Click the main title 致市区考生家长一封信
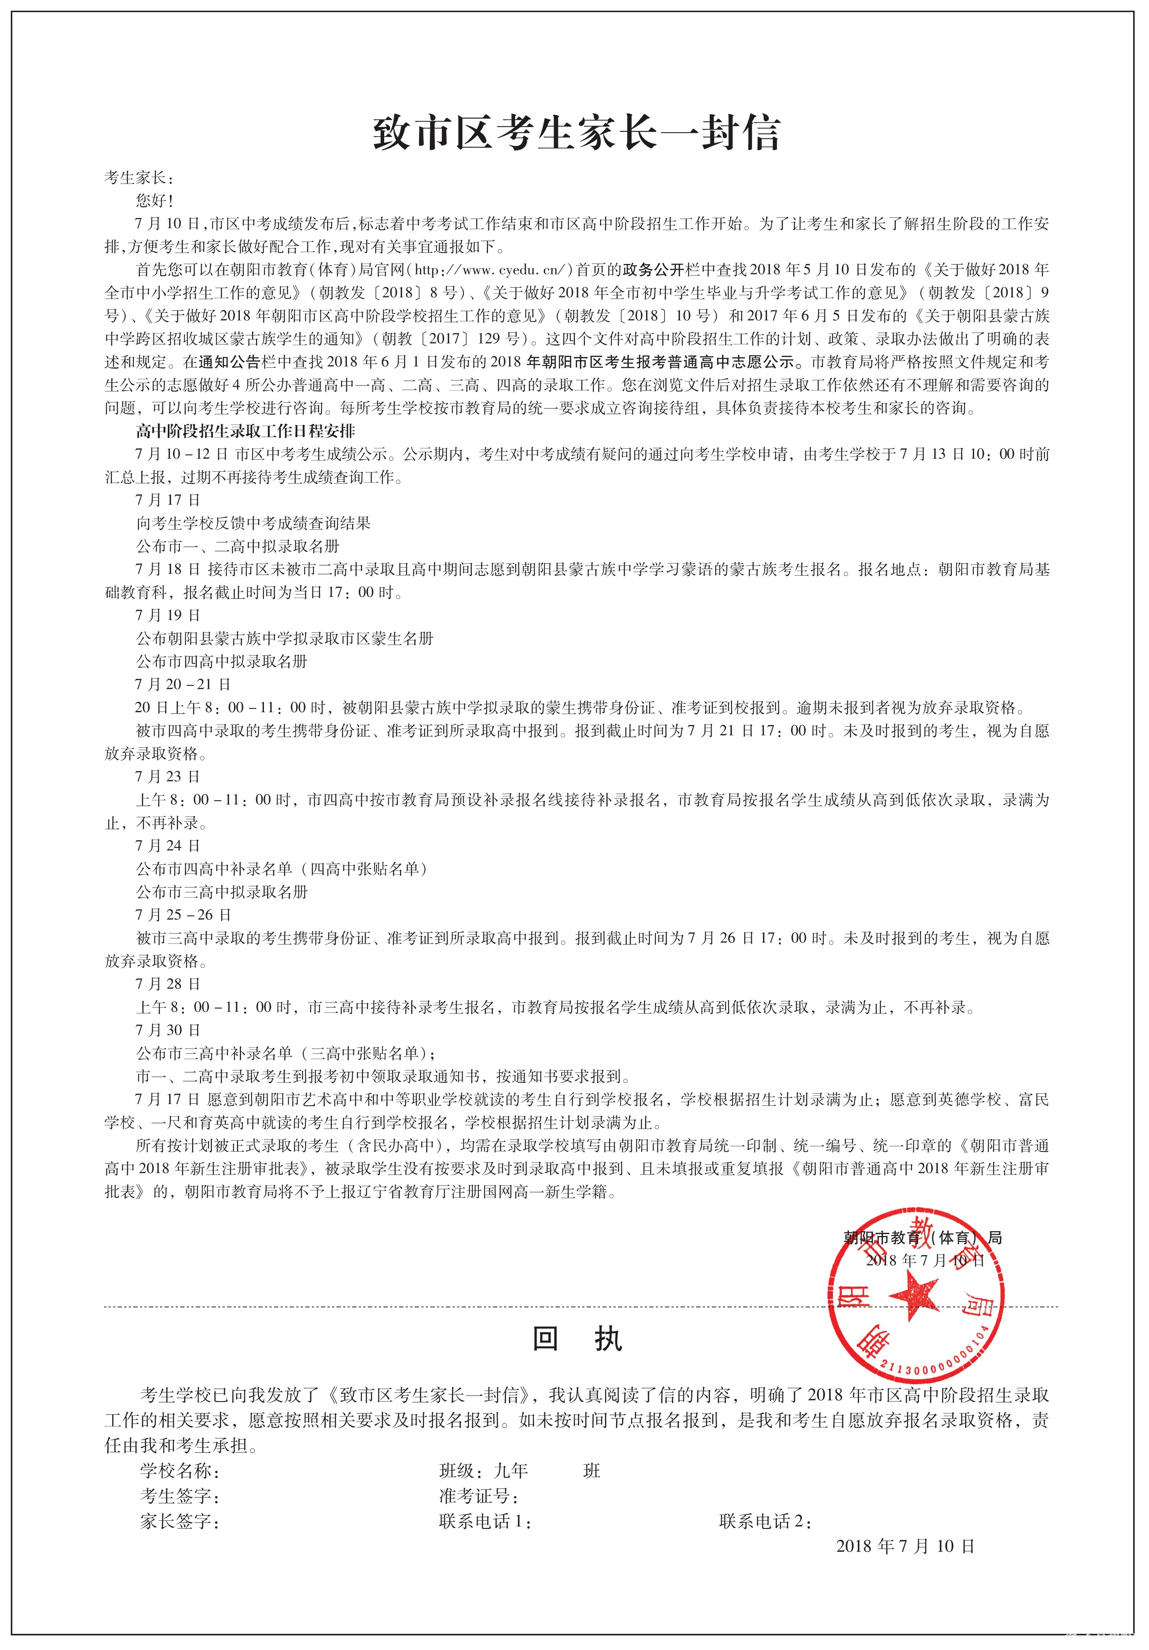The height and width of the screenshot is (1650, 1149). click(575, 134)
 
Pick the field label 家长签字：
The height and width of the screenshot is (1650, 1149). click(180, 1521)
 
